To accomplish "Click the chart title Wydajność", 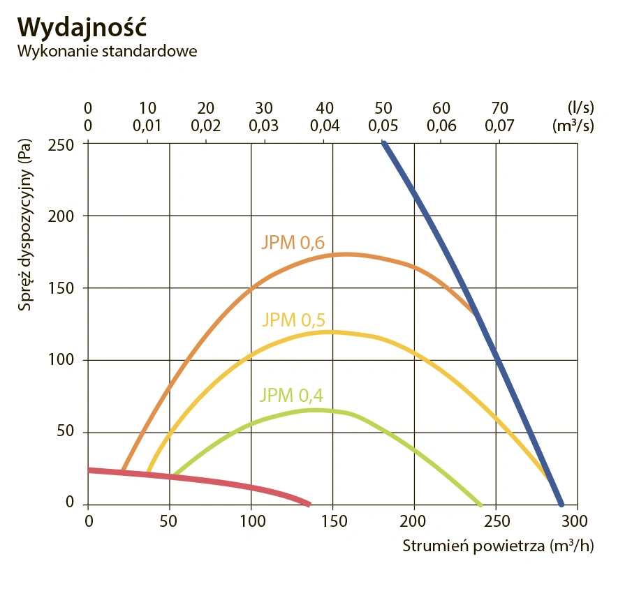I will click(81, 25).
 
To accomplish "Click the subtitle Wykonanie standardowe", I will click(107, 52).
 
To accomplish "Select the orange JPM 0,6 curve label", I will click(293, 243).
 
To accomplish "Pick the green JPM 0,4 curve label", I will click(291, 395).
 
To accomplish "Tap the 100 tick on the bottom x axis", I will click(251, 521).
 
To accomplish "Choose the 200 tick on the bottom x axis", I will click(414, 521).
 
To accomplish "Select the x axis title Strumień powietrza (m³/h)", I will click(497, 546).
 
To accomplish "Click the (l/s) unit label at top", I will click(580, 108).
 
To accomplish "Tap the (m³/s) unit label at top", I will click(574, 126).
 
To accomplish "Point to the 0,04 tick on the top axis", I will click(324, 126).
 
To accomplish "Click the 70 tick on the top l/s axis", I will click(499, 108).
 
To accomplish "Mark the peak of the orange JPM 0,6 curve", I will click(344, 254).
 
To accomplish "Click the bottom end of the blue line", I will click(561, 504).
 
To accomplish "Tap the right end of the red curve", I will click(308, 503).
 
